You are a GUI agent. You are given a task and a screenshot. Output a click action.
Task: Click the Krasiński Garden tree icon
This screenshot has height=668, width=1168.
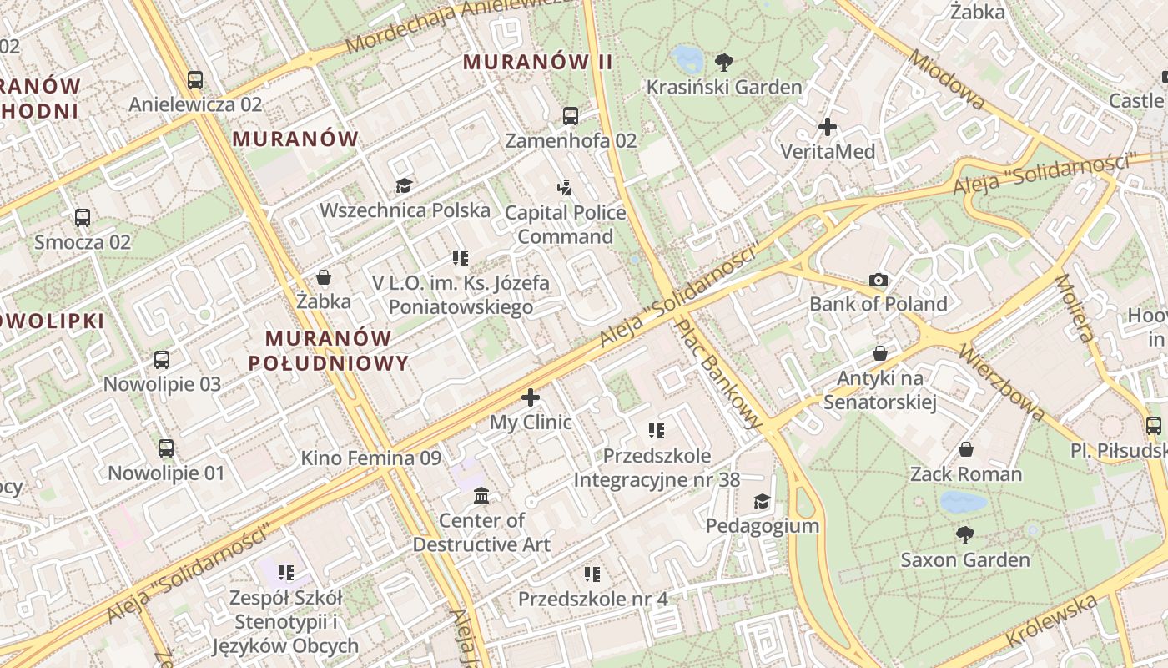coord(724,61)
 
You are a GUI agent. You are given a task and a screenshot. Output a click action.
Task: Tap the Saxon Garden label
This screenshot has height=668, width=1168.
coord(965,559)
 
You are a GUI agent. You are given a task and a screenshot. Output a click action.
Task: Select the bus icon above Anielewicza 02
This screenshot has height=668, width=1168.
coord(195,80)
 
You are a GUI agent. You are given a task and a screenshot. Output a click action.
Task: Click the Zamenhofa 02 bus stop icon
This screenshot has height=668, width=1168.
coord(571,116)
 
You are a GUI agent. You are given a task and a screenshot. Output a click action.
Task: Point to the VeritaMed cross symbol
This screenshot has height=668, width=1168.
coord(827,127)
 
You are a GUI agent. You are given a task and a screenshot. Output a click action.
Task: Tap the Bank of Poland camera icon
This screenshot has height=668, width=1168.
coord(878,280)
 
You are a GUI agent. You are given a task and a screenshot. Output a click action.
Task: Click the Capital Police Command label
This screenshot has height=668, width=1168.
coord(566,225)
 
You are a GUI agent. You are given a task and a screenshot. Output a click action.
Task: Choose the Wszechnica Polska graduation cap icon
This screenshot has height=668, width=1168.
coord(405,185)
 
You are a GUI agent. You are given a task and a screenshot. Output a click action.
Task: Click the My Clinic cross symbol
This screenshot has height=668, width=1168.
coord(531,397)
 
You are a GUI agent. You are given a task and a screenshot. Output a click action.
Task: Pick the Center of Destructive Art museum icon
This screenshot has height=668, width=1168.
coord(481,496)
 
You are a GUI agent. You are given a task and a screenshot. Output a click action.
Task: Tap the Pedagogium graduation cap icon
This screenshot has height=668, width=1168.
coord(762,501)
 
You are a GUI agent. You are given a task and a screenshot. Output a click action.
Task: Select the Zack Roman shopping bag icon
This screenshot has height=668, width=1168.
coord(965,449)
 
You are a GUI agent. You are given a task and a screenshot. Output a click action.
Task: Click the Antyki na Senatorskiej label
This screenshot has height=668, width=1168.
coord(880,390)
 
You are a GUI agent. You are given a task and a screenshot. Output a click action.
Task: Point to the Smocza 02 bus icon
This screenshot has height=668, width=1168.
coord(83,218)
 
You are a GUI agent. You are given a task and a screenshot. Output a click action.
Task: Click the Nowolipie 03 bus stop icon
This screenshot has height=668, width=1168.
coord(162,360)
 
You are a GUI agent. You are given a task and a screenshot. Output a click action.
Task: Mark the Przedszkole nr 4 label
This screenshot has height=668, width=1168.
coord(593,599)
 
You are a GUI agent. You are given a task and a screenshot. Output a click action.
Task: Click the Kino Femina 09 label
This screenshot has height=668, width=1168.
coord(370,458)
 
